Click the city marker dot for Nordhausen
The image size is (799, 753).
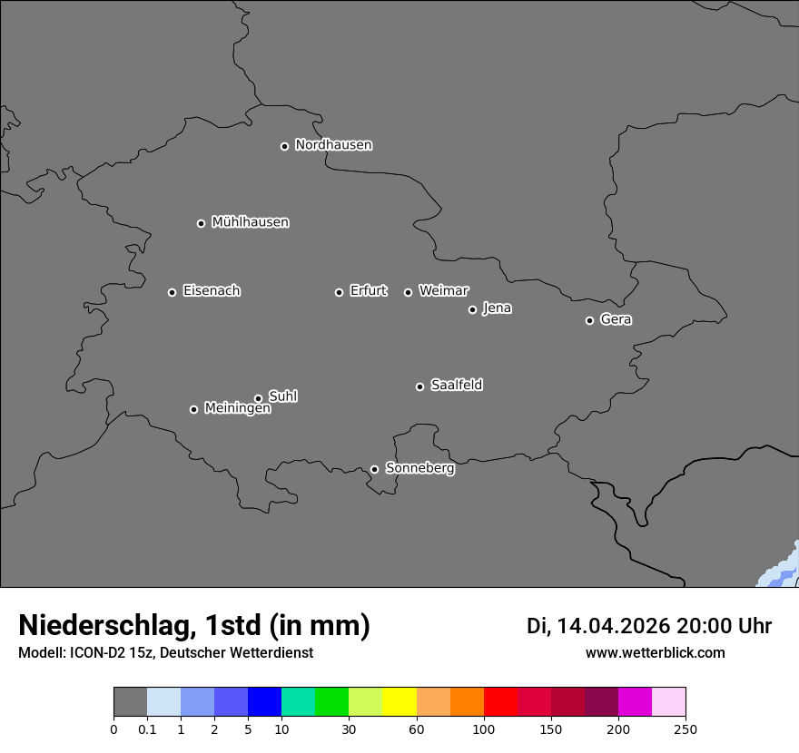pos(284,146)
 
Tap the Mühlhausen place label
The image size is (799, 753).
pos(250,222)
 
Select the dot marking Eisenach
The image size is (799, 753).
pos(172,292)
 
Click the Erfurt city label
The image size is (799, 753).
pos(368,291)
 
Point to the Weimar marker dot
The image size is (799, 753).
pos(408,292)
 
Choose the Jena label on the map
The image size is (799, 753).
pos(497,308)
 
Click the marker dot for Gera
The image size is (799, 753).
pos(589,320)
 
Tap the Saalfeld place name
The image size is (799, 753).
pos(456,386)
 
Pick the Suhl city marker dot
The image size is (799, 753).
pos(258,398)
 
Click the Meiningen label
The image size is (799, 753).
pos(237,409)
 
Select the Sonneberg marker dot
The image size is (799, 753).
pos(374,469)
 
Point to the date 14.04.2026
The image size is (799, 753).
pos(613,626)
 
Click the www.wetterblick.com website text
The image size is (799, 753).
pos(655,652)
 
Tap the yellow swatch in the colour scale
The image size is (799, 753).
pos(399,702)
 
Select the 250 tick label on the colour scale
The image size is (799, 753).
pos(686,729)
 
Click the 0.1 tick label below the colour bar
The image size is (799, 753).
pos(147,729)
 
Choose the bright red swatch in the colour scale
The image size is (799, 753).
pos(500,702)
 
